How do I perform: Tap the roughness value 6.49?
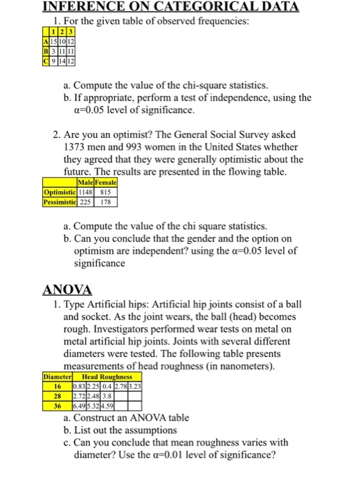[89, 405]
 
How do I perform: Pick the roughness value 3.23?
[135, 387]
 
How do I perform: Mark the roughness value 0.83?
[89, 387]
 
